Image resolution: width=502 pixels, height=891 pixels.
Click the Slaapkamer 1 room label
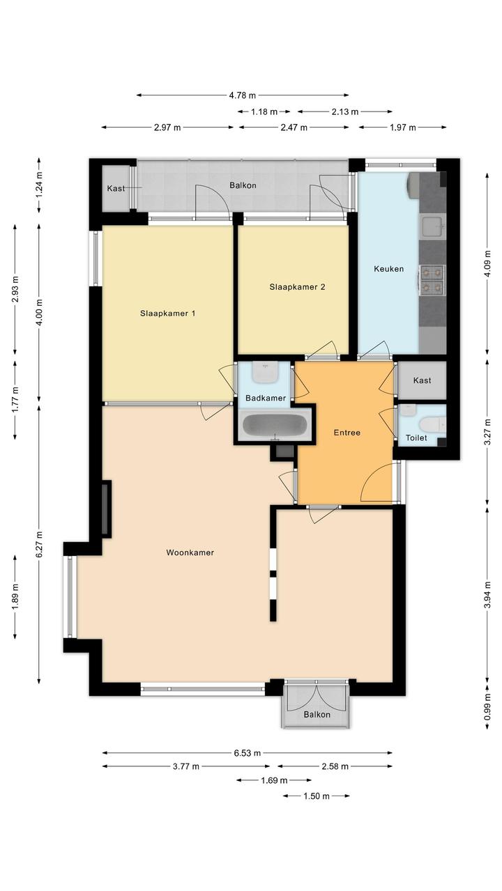pyautogui.click(x=167, y=313)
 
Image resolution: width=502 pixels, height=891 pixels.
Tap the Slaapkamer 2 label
pyautogui.click(x=297, y=287)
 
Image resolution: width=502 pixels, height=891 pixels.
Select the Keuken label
pyautogui.click(x=388, y=269)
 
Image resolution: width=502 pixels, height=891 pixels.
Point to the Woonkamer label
pyautogui.click(x=190, y=552)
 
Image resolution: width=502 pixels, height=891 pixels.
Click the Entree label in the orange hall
pyautogui.click(x=347, y=433)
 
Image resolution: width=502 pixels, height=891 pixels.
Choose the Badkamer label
pyautogui.click(x=266, y=398)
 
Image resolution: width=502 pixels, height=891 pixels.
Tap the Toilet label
pyautogui.click(x=416, y=438)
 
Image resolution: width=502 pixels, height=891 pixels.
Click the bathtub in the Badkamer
pyautogui.click(x=275, y=425)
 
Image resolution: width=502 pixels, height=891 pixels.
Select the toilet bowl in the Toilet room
pyautogui.click(x=431, y=424)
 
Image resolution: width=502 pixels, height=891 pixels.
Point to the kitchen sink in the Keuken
pyautogui.click(x=432, y=226)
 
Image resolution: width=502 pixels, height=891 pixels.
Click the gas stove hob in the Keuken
pyautogui.click(x=432, y=279)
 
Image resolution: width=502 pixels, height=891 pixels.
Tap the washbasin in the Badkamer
pyautogui.click(x=265, y=372)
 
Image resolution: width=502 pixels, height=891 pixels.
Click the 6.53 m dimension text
pyautogui.click(x=248, y=753)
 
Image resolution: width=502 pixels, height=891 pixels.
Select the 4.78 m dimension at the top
pyautogui.click(x=243, y=95)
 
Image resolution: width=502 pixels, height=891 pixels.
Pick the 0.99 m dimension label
pyautogui.click(x=488, y=707)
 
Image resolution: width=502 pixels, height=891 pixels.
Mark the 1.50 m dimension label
pyautogui.click(x=317, y=796)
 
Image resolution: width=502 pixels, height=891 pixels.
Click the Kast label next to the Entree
pyautogui.click(x=422, y=380)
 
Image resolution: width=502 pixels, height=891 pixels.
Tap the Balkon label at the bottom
pyautogui.click(x=317, y=715)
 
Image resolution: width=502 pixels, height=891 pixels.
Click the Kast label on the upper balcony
pyautogui.click(x=116, y=189)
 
